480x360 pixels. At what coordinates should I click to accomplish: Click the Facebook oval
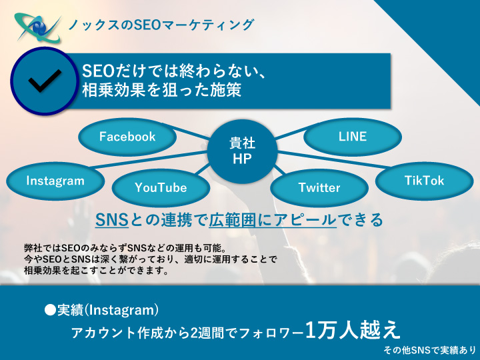[127, 137]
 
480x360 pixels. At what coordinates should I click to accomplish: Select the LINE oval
[353, 137]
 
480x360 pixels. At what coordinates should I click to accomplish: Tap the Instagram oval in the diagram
[55, 181]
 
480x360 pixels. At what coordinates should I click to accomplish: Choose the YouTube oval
[161, 187]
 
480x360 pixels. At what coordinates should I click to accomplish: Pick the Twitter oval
[319, 187]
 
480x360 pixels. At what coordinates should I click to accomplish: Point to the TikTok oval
[424, 181]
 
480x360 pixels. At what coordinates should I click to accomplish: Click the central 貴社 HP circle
[242, 151]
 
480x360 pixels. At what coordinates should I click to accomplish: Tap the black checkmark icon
[45, 81]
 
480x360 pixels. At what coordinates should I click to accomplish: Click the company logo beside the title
[38, 27]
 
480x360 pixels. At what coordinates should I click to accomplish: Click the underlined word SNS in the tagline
[112, 219]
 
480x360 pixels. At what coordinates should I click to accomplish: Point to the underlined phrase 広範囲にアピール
[273, 220]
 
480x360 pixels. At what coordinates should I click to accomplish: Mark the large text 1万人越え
[353, 330]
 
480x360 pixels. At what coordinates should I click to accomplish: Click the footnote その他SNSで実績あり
[429, 349]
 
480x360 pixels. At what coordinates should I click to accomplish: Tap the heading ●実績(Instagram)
[101, 310]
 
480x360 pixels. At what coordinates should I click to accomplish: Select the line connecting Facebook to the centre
[193, 133]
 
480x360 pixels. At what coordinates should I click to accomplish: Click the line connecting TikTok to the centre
[333, 159]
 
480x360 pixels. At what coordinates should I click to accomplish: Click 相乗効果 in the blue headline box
[113, 90]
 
